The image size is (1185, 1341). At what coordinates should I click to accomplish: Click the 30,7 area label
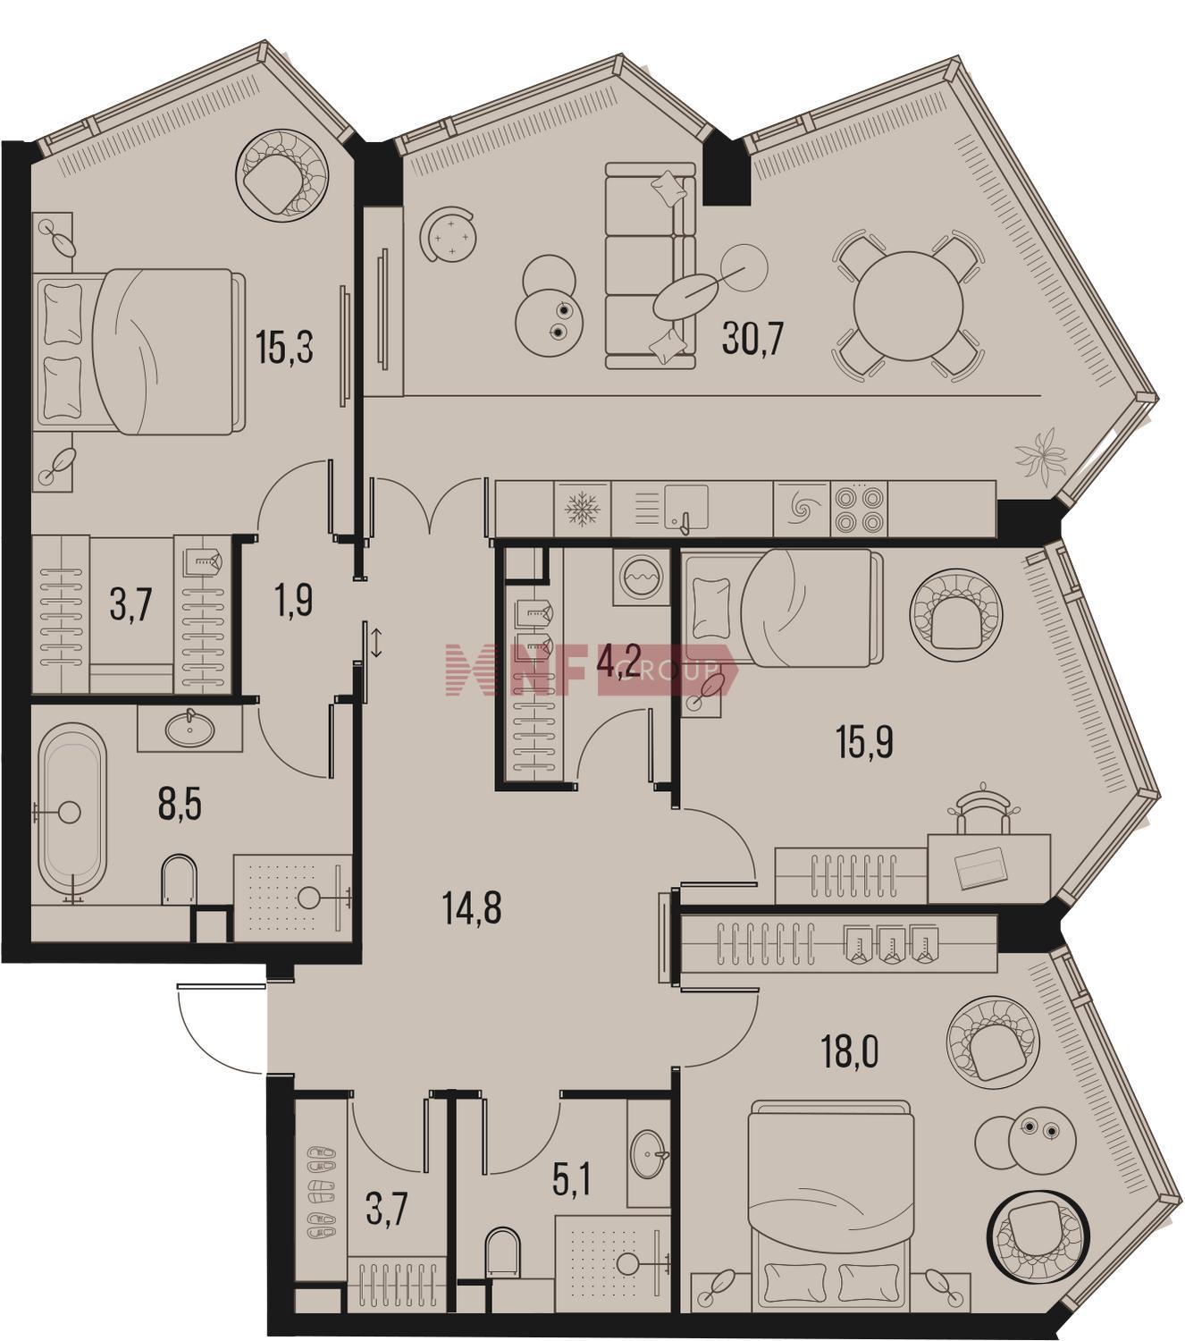pyautogui.click(x=752, y=341)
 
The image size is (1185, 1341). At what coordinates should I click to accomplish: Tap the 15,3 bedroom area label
pyautogui.click(x=284, y=348)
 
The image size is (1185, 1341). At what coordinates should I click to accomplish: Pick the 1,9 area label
pyautogui.click(x=292, y=601)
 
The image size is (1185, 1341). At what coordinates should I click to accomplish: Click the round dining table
pyautogui.click(x=908, y=306)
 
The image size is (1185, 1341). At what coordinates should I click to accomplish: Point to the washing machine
pyautogui.click(x=641, y=577)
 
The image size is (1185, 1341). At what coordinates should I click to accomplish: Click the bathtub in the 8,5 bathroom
pyautogui.click(x=71, y=813)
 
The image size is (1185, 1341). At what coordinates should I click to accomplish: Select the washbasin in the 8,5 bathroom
pyautogui.click(x=189, y=728)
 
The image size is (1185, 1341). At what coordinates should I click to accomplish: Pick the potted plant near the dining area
pyautogui.click(x=1041, y=455)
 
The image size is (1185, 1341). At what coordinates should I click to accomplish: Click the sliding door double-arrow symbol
pyautogui.click(x=376, y=643)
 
